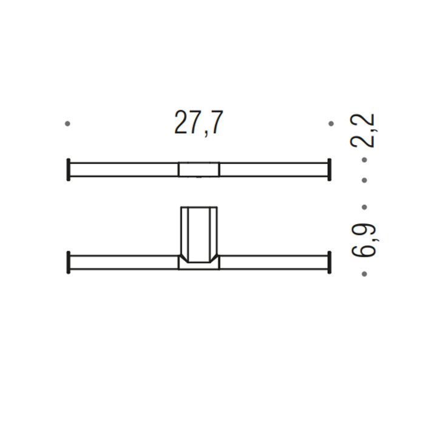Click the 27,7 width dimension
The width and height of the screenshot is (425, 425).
[199, 123]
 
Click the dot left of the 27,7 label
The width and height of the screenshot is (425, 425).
[67, 123]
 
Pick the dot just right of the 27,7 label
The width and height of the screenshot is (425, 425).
[331, 123]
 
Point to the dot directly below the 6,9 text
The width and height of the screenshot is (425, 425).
[364, 274]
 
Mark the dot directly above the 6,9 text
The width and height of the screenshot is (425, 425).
[364, 207]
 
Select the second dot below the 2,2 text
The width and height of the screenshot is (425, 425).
[364, 180]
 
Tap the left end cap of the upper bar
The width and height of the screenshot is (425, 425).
[69, 169]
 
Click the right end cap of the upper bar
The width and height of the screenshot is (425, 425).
[329, 169]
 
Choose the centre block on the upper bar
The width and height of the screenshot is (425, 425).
[199, 169]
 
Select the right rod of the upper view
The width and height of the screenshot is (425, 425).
[273, 169]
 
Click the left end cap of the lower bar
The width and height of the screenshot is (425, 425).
[69, 262]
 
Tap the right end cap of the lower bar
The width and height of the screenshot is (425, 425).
[329, 262]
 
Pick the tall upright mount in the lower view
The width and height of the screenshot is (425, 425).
[199, 231]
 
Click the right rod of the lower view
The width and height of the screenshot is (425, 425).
[273, 262]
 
